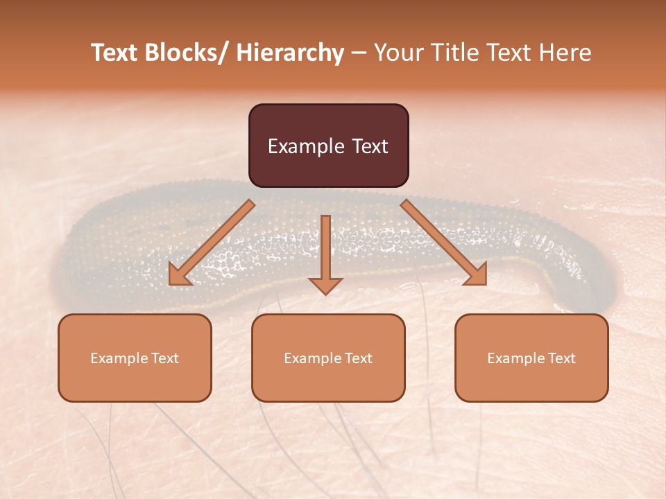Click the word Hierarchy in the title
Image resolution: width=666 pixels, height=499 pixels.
tap(289, 53)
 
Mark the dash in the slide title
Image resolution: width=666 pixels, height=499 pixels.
tap(359, 53)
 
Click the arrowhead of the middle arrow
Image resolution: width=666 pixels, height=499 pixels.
tap(325, 286)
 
